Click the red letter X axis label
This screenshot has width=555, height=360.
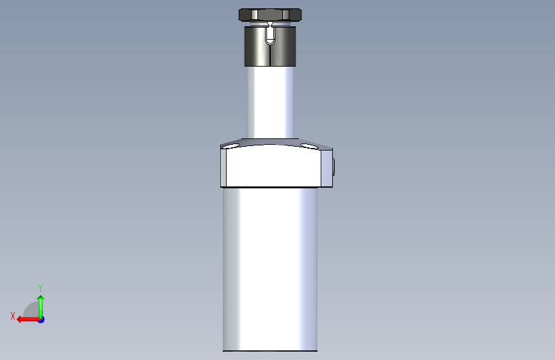[x=13, y=316]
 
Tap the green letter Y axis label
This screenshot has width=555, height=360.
[x=40, y=288]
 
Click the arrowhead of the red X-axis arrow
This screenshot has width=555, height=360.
[x=20, y=320]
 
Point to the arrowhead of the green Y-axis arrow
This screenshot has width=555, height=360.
[x=41, y=299]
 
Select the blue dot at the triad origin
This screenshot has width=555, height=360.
[x=41, y=320]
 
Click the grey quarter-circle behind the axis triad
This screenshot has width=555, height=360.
[x=31, y=310]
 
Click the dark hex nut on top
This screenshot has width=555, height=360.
[x=270, y=15]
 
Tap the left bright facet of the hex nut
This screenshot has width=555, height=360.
[x=254, y=15]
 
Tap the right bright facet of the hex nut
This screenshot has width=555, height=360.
[x=286, y=15]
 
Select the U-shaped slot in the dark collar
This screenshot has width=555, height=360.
[x=270, y=36]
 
